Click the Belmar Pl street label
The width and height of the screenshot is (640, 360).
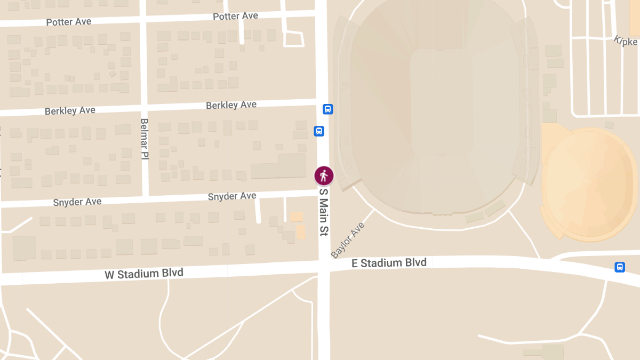coord(144,139)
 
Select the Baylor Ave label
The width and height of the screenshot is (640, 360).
coord(348,241)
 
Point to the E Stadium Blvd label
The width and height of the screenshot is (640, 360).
coord(389,263)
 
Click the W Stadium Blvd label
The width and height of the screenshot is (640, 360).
coord(144,274)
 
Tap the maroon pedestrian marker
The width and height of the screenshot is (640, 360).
coord(323,175)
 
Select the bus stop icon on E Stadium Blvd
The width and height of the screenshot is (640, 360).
coord(620,267)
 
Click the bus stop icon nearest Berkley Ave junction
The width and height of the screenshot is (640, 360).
coord(328,109)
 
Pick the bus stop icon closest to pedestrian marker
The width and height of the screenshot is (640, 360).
coord(319,131)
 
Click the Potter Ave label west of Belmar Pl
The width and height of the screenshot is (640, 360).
coord(69,22)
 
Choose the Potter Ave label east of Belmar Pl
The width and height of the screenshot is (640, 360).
coord(235,17)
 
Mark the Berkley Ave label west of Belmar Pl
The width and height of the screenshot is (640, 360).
coord(70,111)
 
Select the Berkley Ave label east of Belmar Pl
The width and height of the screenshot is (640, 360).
coord(231,105)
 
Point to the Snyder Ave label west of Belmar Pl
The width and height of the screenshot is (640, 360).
coord(77,202)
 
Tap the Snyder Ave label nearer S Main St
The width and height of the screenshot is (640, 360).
coord(232,197)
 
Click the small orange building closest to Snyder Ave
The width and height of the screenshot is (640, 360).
coord(296,217)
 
